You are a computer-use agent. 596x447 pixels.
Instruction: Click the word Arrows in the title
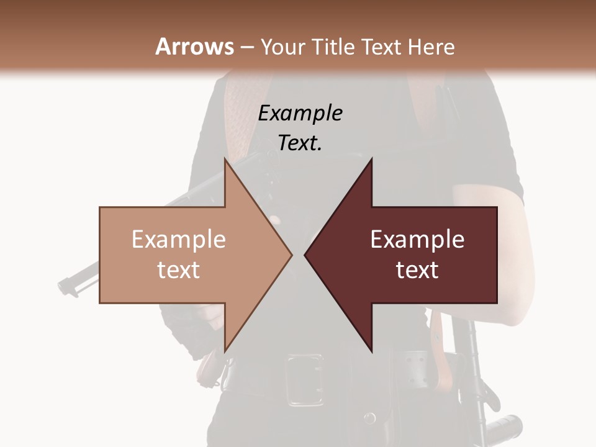(x=195, y=47)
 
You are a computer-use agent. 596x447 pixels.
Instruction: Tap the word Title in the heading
(x=335, y=47)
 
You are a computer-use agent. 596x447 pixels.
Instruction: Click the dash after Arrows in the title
(x=247, y=48)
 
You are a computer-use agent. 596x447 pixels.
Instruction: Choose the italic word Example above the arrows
(x=300, y=113)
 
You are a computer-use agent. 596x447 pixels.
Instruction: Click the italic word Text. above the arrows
(x=300, y=143)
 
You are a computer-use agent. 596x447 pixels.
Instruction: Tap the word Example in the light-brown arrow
(x=178, y=240)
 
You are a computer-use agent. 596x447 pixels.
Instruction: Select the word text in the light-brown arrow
(x=178, y=270)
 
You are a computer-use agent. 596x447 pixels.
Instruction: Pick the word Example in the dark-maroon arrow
(x=417, y=240)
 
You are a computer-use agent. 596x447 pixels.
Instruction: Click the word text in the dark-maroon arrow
(x=417, y=270)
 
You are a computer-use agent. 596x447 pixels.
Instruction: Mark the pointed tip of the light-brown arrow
(x=292, y=255)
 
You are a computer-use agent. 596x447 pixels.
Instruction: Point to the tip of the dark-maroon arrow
(x=305, y=255)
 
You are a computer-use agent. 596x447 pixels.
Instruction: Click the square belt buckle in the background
(x=304, y=379)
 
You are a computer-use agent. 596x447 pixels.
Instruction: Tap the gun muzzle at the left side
(x=65, y=286)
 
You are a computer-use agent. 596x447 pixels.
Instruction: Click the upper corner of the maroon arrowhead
(x=371, y=160)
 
